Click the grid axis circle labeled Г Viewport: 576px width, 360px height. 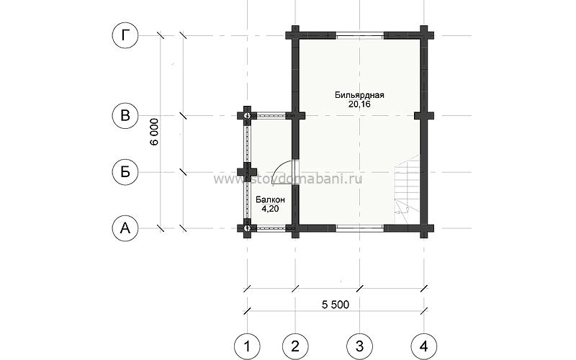125,35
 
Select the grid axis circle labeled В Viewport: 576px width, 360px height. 125,115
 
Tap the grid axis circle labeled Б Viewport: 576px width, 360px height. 125,172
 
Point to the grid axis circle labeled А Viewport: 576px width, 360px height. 125,228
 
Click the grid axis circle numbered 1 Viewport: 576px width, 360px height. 247,346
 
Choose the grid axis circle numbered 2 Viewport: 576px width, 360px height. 295,346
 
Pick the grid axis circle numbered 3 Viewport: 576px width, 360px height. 359,346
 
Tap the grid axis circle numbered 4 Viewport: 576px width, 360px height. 424,346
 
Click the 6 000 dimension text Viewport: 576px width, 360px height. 155,132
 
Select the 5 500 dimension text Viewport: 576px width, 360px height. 336,305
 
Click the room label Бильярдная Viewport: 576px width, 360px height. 359,95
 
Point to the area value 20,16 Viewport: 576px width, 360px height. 359,104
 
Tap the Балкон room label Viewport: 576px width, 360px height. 270,200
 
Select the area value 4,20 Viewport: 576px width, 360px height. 270,209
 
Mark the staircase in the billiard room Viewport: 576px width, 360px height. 407,189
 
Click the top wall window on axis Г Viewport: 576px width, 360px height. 360,35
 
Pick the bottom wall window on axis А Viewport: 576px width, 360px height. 360,228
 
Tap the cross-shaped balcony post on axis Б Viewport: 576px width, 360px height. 247,172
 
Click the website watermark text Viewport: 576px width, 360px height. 288,179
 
